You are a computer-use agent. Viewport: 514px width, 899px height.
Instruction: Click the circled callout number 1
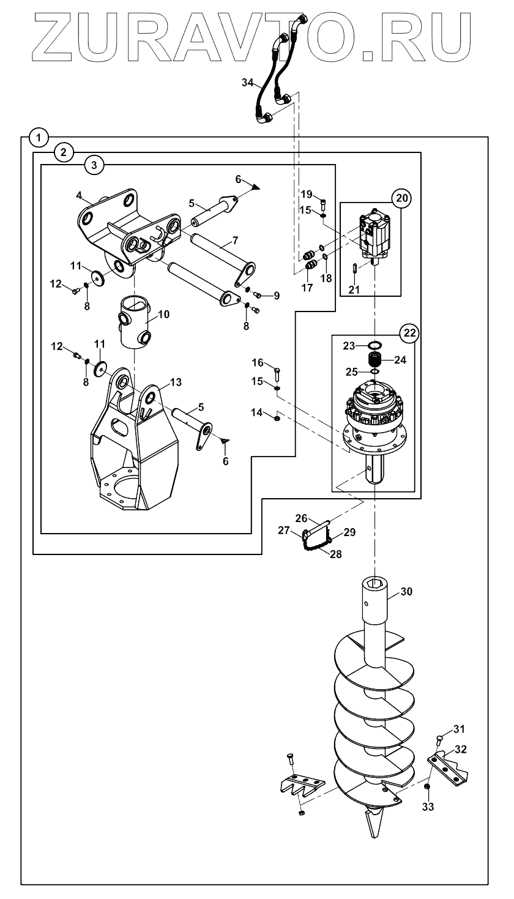click(x=39, y=138)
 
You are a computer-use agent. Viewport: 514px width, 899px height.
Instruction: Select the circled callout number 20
click(x=401, y=198)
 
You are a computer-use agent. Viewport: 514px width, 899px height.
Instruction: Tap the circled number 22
click(x=409, y=333)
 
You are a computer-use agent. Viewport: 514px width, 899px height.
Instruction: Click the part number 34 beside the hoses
click(x=248, y=83)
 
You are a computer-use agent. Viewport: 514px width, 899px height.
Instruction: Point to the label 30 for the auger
click(x=406, y=591)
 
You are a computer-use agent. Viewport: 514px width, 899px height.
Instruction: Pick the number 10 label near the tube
click(x=164, y=314)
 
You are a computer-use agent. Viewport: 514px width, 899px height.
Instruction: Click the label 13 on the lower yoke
click(x=176, y=382)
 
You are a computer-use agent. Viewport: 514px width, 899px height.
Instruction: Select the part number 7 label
click(x=235, y=241)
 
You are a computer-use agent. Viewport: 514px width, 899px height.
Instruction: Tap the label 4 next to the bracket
click(x=79, y=195)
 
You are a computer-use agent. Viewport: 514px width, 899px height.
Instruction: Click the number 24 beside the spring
click(x=400, y=360)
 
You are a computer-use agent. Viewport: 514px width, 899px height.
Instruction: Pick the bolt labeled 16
click(x=278, y=374)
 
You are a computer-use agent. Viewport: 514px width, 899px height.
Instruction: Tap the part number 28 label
click(x=336, y=554)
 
